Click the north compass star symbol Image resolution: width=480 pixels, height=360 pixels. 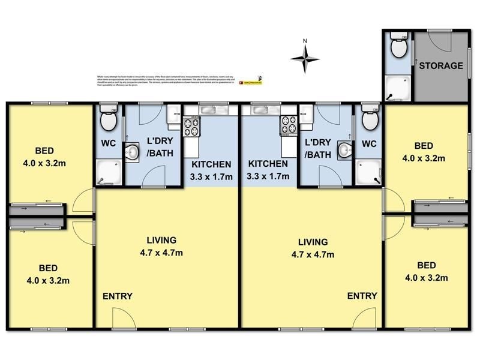305,58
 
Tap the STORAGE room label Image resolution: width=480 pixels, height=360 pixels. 440,66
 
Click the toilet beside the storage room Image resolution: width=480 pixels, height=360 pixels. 397,44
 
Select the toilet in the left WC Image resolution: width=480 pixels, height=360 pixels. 108,119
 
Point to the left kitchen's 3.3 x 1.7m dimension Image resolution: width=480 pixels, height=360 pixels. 212,176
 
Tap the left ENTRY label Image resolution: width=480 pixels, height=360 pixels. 117,296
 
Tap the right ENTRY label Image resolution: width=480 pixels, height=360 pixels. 362,296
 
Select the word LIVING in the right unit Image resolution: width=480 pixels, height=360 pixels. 313,242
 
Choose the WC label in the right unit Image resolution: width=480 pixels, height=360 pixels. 369,144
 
